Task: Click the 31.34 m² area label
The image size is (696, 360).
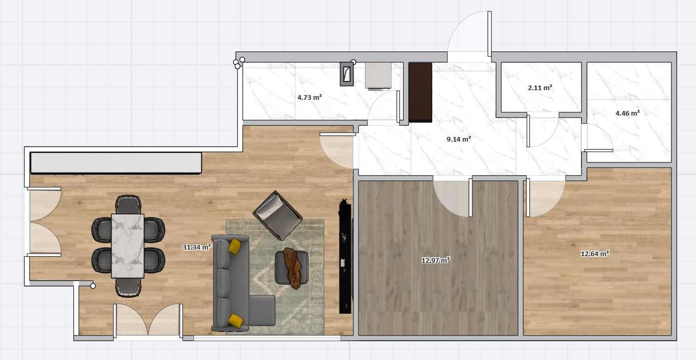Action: click(x=197, y=247)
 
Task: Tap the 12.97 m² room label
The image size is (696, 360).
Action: click(x=436, y=260)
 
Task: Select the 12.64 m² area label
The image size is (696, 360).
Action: click(x=595, y=254)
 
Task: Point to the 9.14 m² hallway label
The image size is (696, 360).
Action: click(x=459, y=139)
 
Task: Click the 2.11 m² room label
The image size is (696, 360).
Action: click(x=540, y=88)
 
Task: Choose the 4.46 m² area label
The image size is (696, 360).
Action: click(x=628, y=113)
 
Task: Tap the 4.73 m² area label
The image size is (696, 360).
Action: click(x=310, y=97)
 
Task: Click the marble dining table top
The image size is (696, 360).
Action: click(x=128, y=246)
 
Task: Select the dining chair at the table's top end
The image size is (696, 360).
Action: click(x=128, y=204)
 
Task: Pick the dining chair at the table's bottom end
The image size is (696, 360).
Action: click(x=128, y=287)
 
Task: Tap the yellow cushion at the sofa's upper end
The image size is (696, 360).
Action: click(x=235, y=246)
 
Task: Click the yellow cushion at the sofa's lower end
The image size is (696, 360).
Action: click(x=236, y=321)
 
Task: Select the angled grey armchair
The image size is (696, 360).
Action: click(x=277, y=216)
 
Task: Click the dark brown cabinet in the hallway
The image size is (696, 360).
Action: click(x=421, y=92)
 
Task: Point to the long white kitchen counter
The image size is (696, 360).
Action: click(x=116, y=163)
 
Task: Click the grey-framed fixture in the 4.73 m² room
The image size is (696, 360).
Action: click(x=347, y=74)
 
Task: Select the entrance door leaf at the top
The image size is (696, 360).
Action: click(x=489, y=34)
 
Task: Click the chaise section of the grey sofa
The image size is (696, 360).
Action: click(x=262, y=310)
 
